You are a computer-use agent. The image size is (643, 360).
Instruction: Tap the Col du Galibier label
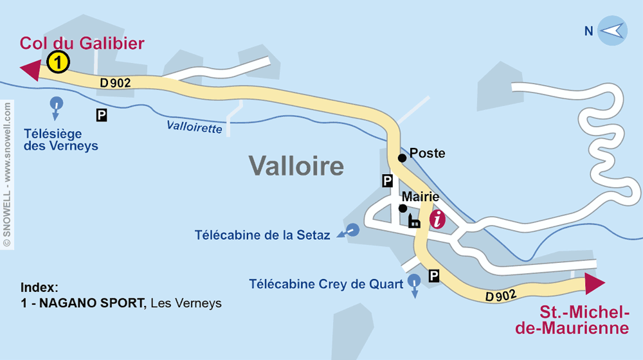tap(82, 44)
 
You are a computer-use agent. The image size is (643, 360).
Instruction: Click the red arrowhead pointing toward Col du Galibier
tap(30, 69)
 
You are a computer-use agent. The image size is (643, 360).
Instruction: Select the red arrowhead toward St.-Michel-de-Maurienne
tap(595, 283)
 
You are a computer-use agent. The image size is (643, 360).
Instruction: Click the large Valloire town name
tap(296, 166)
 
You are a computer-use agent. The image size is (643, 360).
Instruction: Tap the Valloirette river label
tap(194, 127)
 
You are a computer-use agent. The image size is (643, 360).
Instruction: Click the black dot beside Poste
tap(402, 157)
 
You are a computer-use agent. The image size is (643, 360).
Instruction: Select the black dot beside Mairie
tap(403, 208)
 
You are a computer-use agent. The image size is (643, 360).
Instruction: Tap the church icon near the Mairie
tap(414, 221)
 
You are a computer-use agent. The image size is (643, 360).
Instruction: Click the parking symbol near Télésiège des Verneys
tap(102, 115)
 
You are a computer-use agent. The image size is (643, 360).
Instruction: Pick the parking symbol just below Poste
tap(388, 181)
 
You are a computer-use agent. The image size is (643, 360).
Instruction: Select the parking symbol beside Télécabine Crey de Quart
tap(435, 276)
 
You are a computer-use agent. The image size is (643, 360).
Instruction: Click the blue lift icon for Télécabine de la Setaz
tap(352, 230)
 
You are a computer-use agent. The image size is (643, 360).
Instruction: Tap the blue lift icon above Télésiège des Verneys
tap(57, 104)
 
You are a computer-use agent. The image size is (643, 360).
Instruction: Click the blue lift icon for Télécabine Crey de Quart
tap(414, 280)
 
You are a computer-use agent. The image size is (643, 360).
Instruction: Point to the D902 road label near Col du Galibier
tap(115, 82)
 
